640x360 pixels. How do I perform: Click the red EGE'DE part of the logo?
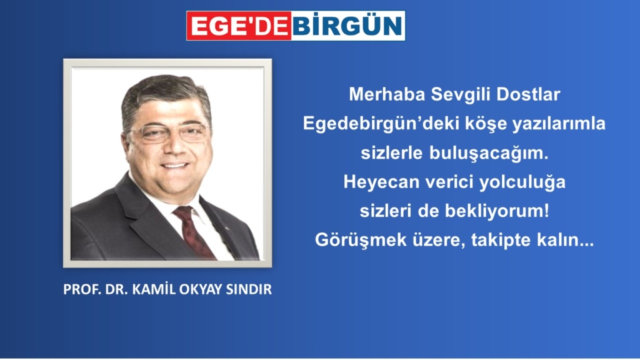click(x=239, y=26)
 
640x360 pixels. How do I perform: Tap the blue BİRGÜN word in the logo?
click(x=347, y=26)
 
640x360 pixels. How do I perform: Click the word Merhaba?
click(x=387, y=94)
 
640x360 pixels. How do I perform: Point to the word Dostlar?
click(x=528, y=94)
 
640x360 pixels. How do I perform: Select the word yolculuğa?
click(x=522, y=182)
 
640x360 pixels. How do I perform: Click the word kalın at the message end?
click(x=559, y=240)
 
